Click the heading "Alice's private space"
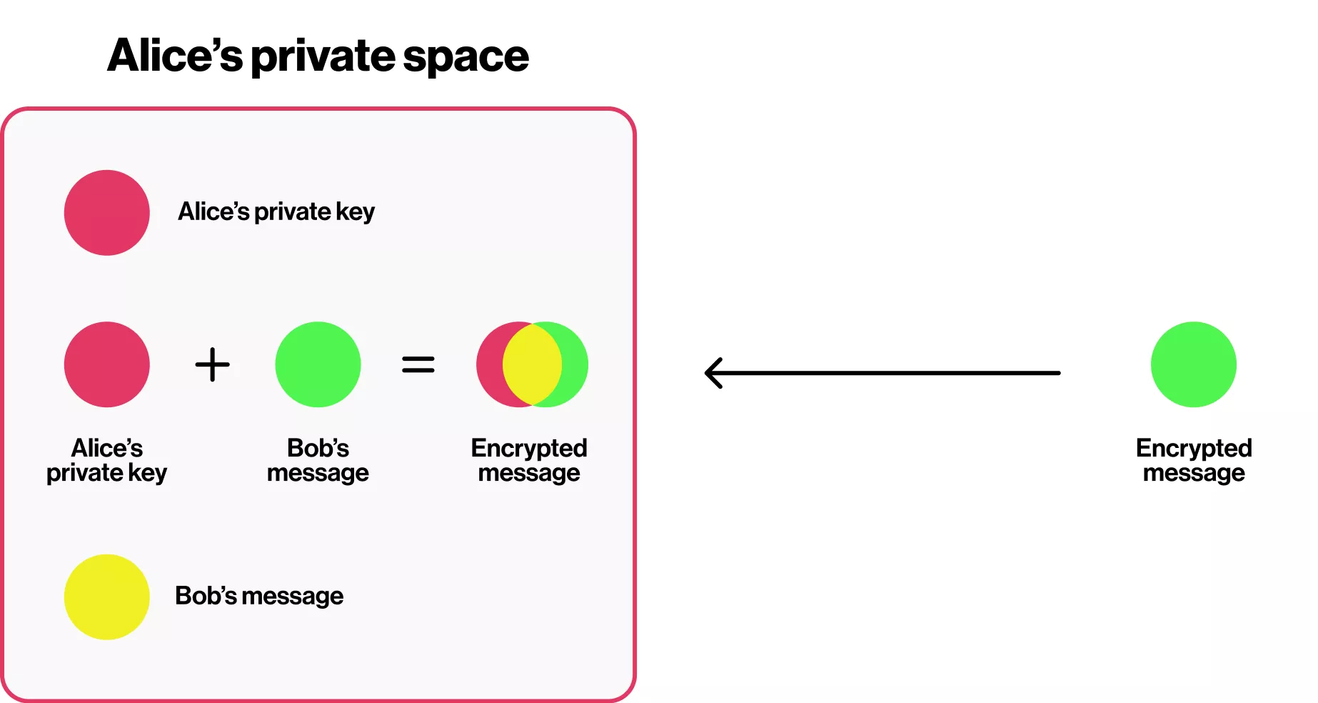click(x=318, y=56)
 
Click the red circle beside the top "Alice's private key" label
click(x=107, y=212)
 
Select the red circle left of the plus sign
click(x=107, y=364)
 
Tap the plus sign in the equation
click(x=213, y=364)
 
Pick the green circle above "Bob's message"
click(x=318, y=364)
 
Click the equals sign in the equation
click(x=418, y=364)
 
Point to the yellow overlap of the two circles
click(x=532, y=364)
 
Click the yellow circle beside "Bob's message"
click(x=107, y=597)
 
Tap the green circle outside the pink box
click(x=1193, y=364)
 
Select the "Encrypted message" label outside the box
click(x=1194, y=460)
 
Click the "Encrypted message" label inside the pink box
click(x=529, y=460)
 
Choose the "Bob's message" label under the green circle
click(x=318, y=460)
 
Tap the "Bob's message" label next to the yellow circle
click(x=259, y=596)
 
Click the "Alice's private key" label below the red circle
click(x=107, y=460)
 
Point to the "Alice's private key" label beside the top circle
click(x=276, y=211)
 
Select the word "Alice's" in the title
click(x=175, y=56)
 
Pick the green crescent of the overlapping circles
click(x=575, y=364)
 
